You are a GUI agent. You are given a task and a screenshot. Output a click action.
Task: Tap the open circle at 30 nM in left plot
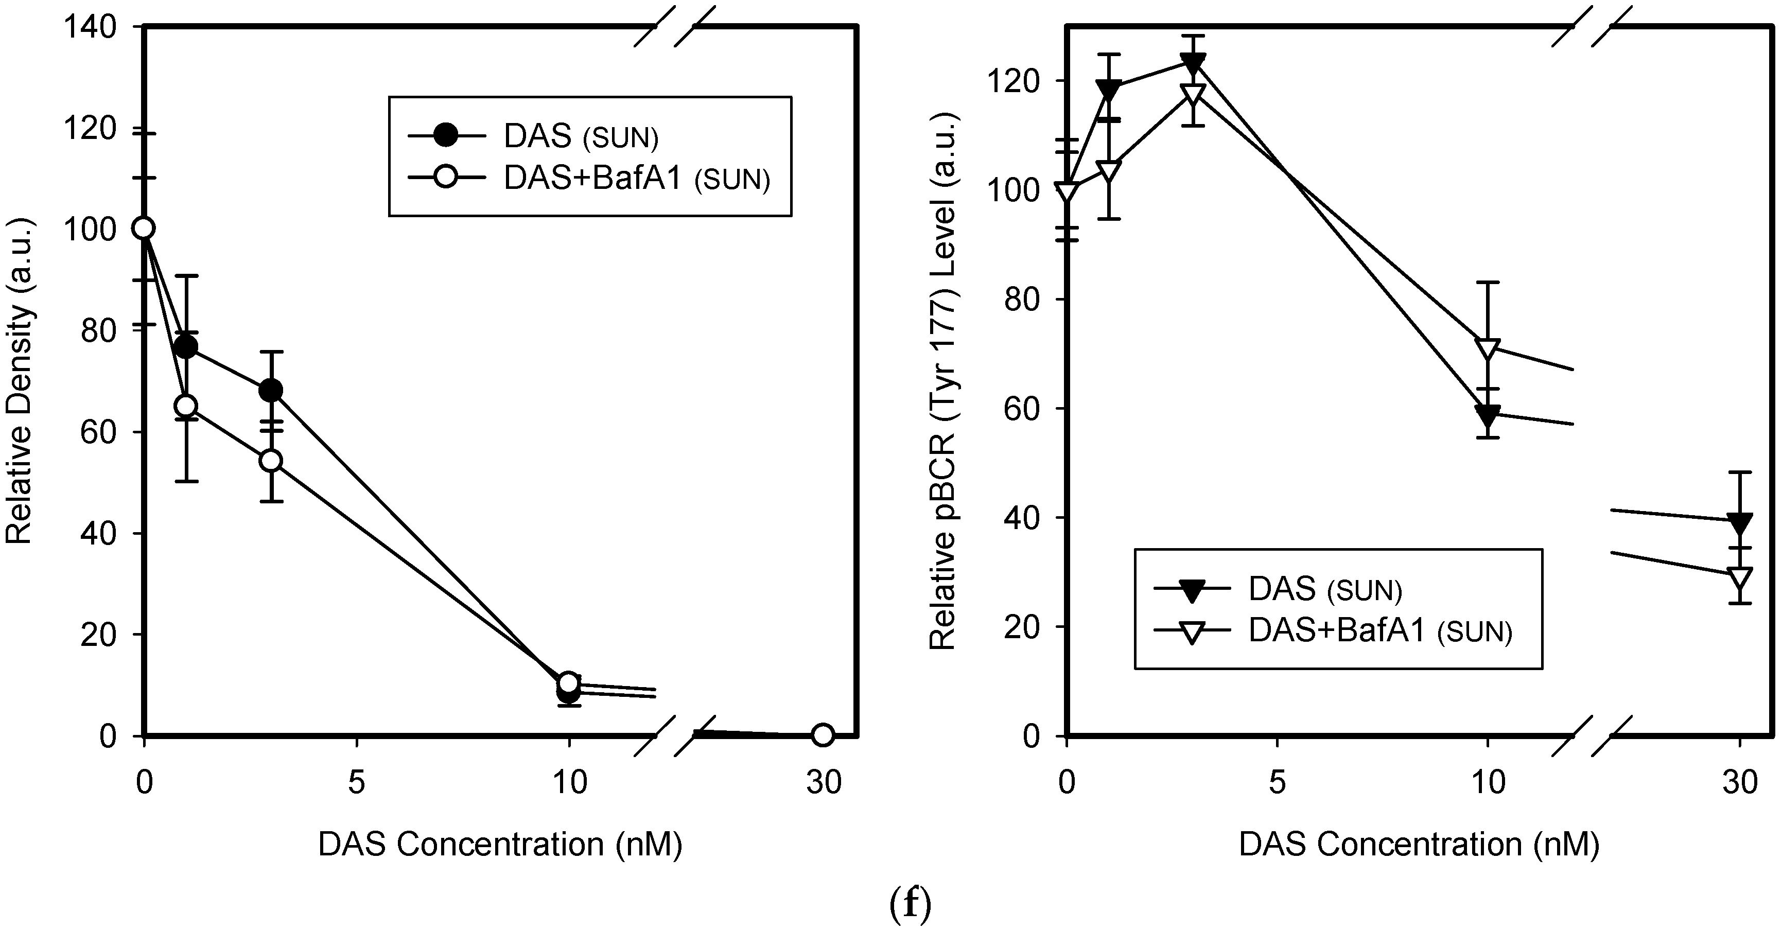[x=822, y=735]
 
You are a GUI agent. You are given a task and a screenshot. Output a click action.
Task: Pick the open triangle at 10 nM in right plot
[x=1487, y=348]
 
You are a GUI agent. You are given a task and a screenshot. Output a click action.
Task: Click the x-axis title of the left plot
[x=500, y=844]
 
